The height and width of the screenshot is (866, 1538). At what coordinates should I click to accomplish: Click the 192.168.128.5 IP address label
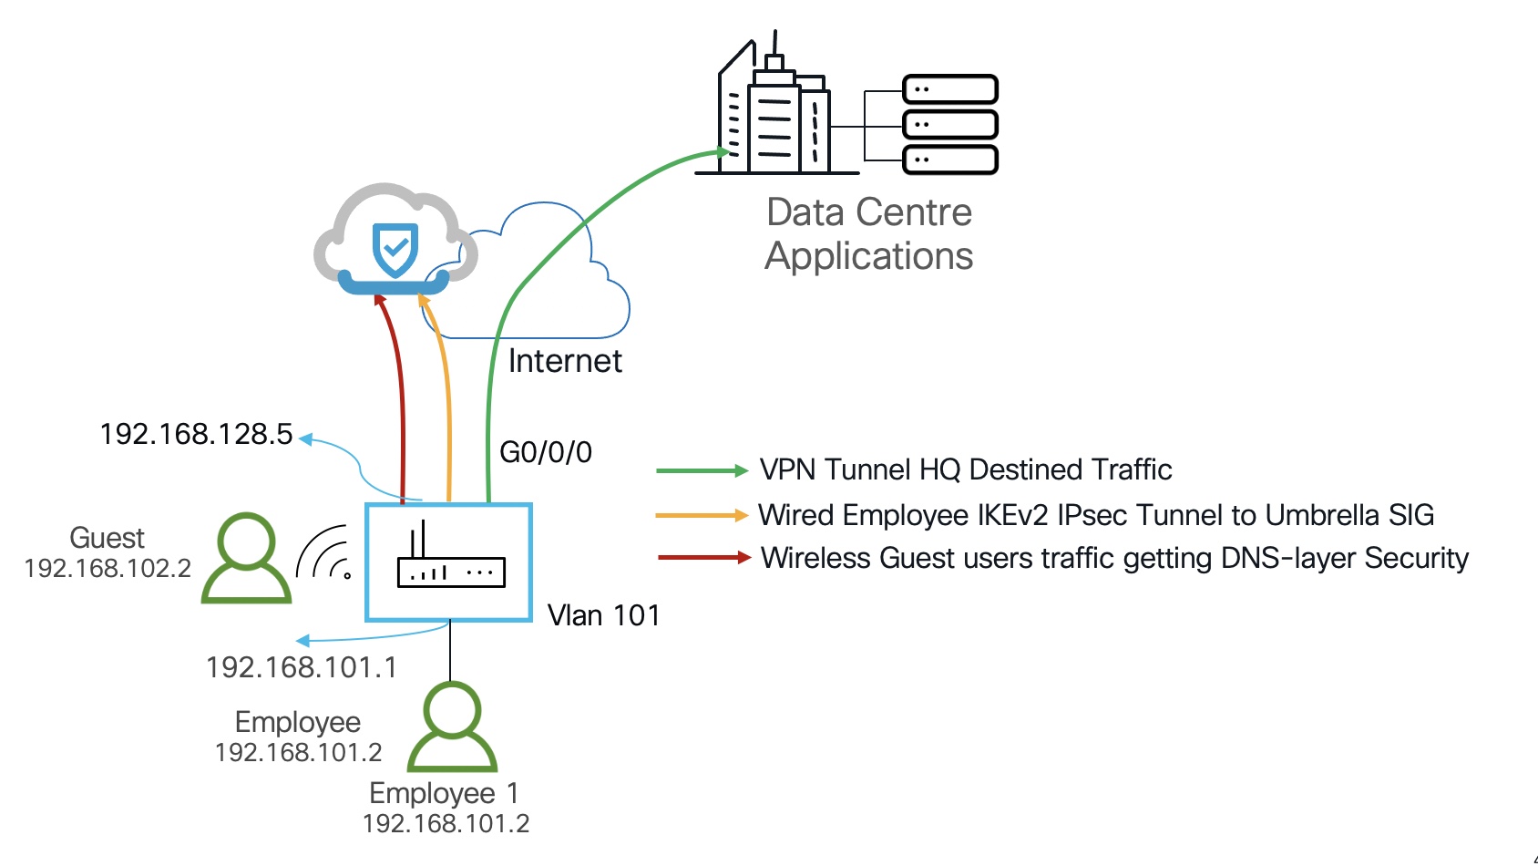click(196, 434)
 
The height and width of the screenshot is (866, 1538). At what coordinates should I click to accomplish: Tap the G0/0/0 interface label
click(546, 452)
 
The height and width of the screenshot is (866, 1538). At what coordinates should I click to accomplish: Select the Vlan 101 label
click(603, 615)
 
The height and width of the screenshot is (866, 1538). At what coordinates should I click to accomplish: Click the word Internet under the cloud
click(565, 361)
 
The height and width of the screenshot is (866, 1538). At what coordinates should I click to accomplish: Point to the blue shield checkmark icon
click(395, 249)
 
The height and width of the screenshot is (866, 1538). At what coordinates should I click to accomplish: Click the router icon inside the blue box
click(450, 558)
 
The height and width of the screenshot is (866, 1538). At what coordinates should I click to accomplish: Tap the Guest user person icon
click(246, 558)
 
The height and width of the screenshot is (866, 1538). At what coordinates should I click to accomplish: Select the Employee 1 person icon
click(452, 727)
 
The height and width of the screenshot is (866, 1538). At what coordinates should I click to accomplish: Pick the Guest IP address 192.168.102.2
click(108, 569)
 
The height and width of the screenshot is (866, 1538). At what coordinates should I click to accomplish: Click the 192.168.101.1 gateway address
click(302, 667)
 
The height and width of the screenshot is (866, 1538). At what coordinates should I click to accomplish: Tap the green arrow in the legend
click(702, 470)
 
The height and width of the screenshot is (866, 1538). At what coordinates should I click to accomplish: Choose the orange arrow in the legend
click(702, 515)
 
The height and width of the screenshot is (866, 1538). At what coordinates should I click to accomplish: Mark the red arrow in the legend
click(703, 557)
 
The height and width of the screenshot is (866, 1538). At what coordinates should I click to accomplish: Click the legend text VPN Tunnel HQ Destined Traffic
click(966, 469)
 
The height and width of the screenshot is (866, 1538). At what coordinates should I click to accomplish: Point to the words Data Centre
click(869, 212)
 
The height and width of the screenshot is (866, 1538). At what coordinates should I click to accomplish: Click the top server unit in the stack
click(949, 89)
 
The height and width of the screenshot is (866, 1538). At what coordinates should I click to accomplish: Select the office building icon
click(774, 109)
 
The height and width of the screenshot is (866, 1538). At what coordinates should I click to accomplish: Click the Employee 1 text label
click(444, 793)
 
